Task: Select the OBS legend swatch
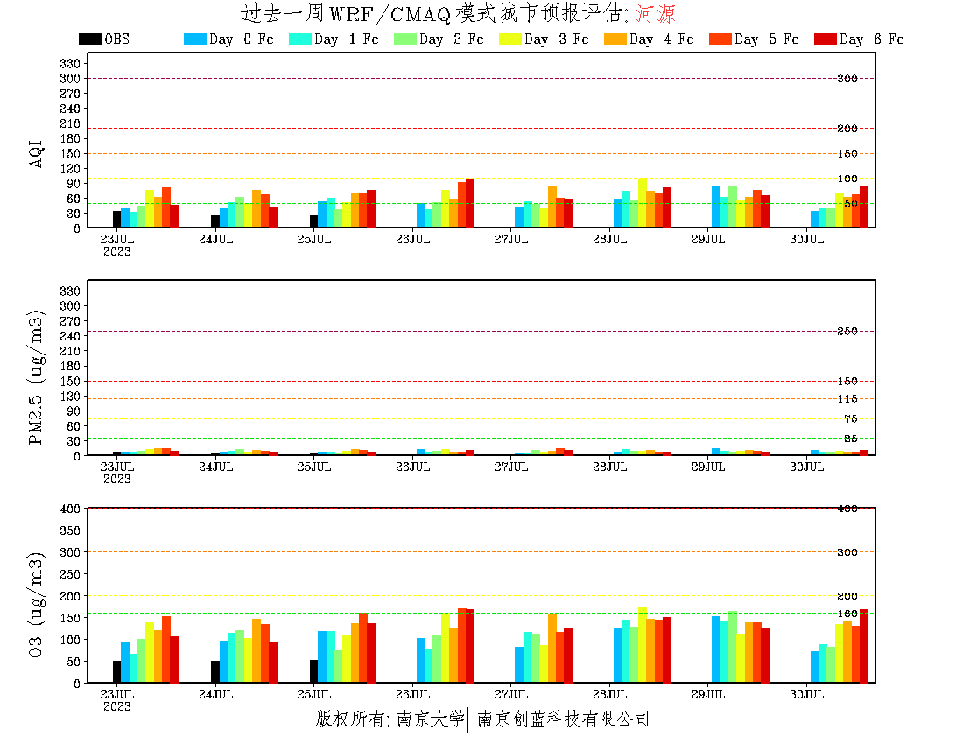click(x=89, y=39)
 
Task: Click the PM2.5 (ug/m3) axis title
click(x=37, y=376)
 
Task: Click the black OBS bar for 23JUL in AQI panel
click(x=116, y=219)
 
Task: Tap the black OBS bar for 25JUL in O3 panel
click(x=313, y=670)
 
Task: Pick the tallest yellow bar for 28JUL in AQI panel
click(x=643, y=203)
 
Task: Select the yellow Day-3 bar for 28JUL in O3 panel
click(x=643, y=644)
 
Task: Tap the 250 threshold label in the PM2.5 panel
click(x=847, y=332)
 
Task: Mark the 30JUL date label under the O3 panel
click(x=807, y=694)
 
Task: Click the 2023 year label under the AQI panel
click(x=117, y=251)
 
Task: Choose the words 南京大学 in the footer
click(x=428, y=719)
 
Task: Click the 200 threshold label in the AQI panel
click(x=847, y=129)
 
